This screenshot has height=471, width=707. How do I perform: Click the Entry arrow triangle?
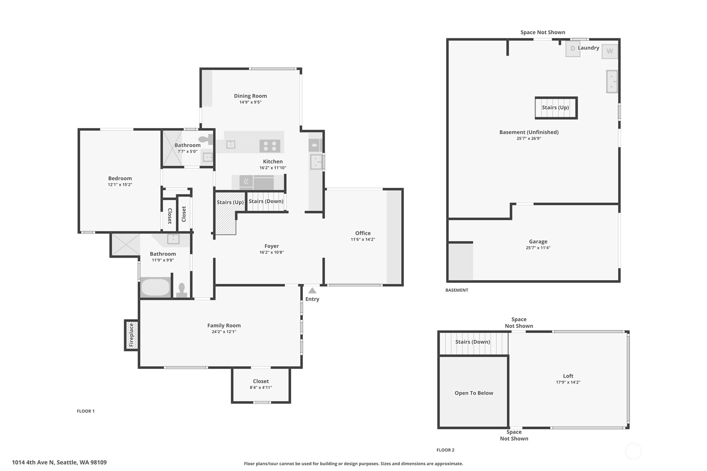[312, 291]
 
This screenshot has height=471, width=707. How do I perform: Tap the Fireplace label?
[131, 335]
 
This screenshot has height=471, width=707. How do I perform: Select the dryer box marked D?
[572, 49]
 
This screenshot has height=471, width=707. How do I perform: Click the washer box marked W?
[610, 51]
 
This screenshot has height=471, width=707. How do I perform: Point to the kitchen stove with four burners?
[270, 146]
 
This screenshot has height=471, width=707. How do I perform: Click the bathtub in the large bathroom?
[155, 287]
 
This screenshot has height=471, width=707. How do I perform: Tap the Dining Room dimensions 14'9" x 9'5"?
[250, 102]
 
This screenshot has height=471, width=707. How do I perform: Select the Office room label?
[363, 233]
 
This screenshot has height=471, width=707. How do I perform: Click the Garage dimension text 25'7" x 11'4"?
[538, 248]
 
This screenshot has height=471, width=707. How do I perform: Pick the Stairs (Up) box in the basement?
[556, 108]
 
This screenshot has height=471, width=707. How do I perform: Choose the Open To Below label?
[474, 393]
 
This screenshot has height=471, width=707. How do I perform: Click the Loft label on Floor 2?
[568, 376]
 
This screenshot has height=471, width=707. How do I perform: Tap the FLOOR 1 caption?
[85, 411]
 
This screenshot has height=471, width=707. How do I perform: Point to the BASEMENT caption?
[457, 290]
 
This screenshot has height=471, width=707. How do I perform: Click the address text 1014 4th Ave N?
[33, 463]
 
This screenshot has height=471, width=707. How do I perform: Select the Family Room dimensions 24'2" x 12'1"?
[224, 332]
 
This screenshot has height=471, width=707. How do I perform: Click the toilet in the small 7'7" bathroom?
[205, 139]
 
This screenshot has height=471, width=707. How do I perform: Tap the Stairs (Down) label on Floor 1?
[266, 201]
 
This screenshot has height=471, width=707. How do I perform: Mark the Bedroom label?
[120, 179]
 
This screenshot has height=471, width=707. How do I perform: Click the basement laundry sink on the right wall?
[612, 81]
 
